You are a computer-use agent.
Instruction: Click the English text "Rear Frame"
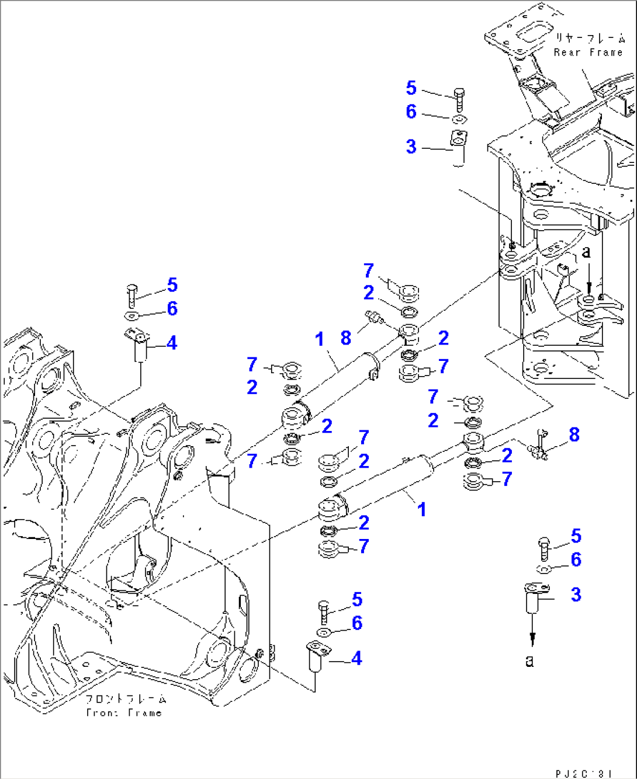click(588, 53)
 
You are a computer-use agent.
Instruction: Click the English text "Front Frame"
click(123, 712)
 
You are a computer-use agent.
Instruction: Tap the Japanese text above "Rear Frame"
click(590, 39)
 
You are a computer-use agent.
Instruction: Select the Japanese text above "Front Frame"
click(125, 699)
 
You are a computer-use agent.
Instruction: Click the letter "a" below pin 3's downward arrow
click(529, 660)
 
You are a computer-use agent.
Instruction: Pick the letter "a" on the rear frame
click(587, 252)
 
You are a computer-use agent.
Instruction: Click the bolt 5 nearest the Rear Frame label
click(459, 99)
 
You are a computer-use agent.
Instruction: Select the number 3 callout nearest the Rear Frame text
click(411, 147)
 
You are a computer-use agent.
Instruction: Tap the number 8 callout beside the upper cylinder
click(346, 338)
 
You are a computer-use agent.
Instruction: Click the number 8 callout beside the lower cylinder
click(574, 434)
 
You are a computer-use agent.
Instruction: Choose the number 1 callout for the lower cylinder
click(421, 509)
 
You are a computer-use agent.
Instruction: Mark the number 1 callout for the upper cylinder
click(319, 339)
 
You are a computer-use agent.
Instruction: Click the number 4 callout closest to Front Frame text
click(356, 658)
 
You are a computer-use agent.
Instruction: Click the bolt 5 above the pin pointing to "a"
click(543, 548)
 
